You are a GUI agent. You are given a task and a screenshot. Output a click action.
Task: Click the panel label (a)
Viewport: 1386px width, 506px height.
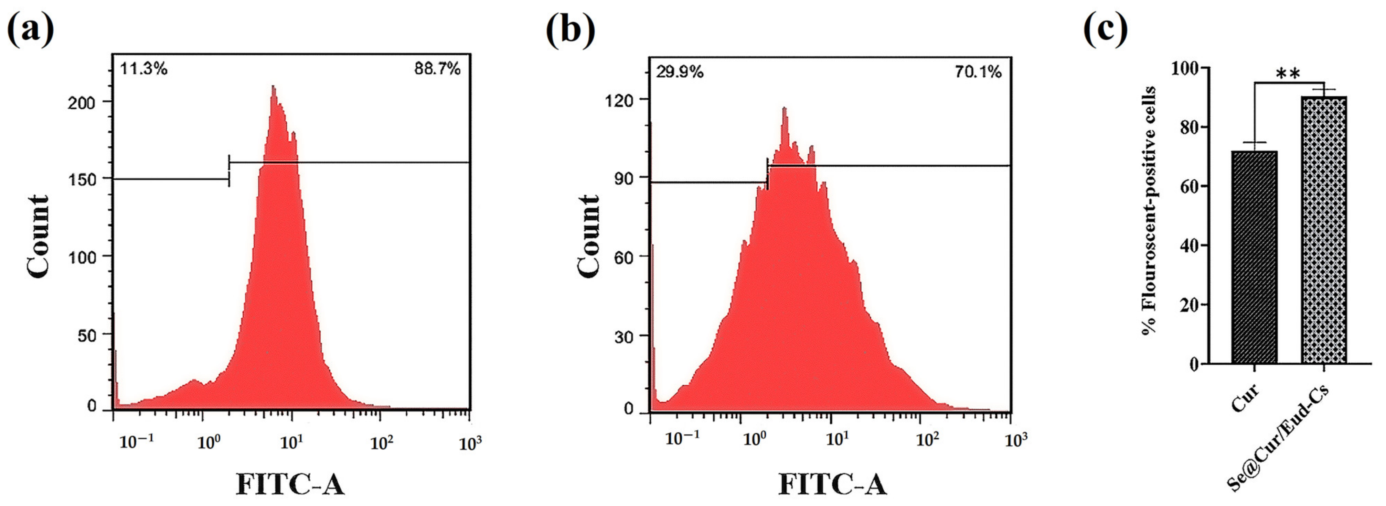(x=31, y=31)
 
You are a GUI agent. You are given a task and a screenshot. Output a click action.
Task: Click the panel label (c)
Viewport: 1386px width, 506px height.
(x=1105, y=31)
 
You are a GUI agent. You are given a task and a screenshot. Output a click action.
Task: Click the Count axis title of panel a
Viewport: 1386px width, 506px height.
(x=39, y=236)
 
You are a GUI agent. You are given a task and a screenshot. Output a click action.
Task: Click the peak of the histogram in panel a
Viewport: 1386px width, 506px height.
(x=273, y=87)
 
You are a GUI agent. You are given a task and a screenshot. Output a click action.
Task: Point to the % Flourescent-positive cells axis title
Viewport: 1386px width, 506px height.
(x=1150, y=210)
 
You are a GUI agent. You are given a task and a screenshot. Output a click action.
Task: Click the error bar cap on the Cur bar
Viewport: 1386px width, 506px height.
(x=1254, y=143)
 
